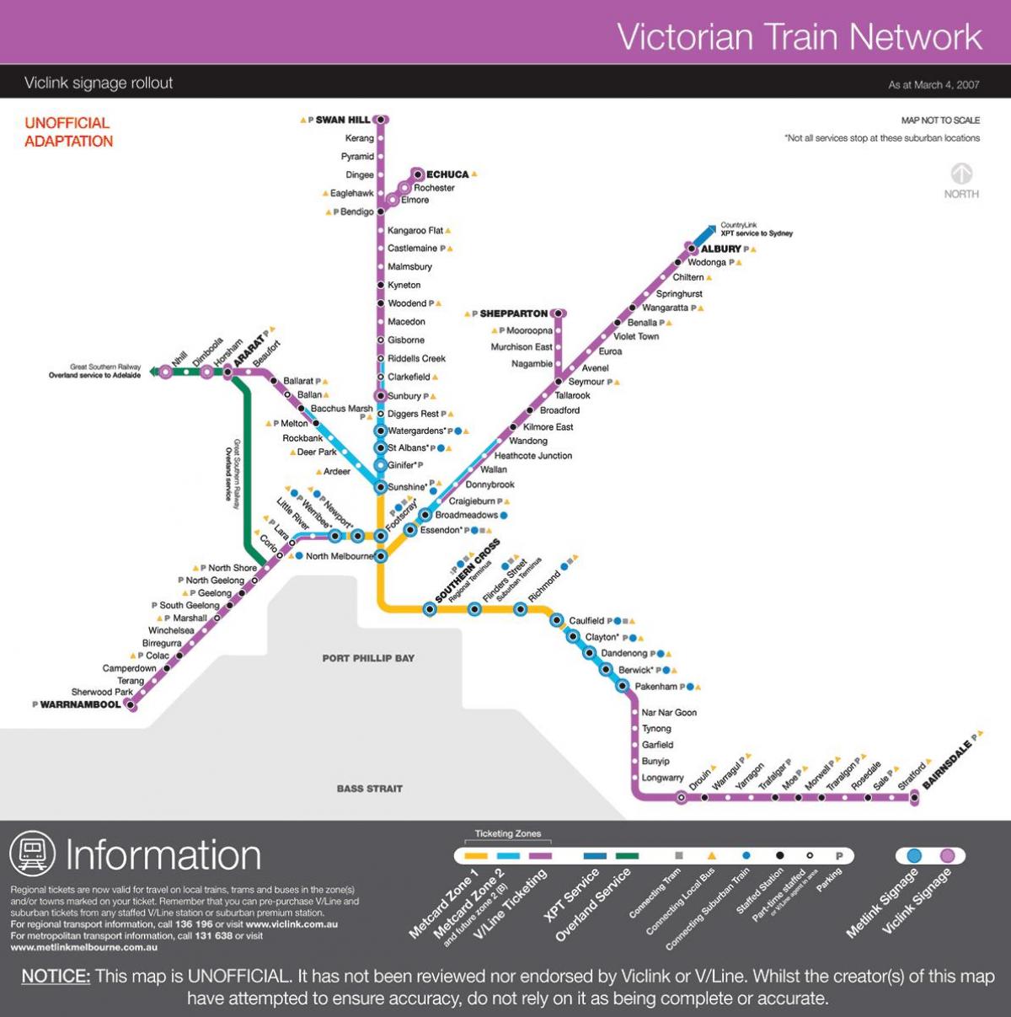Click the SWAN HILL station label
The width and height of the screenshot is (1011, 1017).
(342, 120)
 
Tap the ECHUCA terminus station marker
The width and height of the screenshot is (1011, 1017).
(417, 174)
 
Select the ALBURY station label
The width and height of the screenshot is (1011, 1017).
(721, 249)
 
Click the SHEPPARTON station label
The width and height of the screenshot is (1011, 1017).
(513, 313)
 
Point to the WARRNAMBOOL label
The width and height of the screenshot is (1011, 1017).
(81, 704)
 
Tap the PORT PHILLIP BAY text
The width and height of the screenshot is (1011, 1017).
(368, 658)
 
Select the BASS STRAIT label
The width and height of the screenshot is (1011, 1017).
(369, 789)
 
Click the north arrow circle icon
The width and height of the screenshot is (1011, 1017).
(961, 174)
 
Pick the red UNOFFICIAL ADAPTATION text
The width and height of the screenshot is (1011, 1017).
(68, 132)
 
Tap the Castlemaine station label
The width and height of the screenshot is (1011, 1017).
(412, 249)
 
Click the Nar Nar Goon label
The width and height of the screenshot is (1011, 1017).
(669, 713)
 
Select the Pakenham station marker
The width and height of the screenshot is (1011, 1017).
(623, 686)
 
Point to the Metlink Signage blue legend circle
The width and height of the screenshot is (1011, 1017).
(914, 856)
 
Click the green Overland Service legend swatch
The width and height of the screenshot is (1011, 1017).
(627, 856)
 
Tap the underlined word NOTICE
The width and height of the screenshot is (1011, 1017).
(56, 977)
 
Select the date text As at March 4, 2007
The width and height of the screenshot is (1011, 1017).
(933, 85)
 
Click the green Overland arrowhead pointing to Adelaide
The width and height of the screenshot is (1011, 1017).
(153, 371)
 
